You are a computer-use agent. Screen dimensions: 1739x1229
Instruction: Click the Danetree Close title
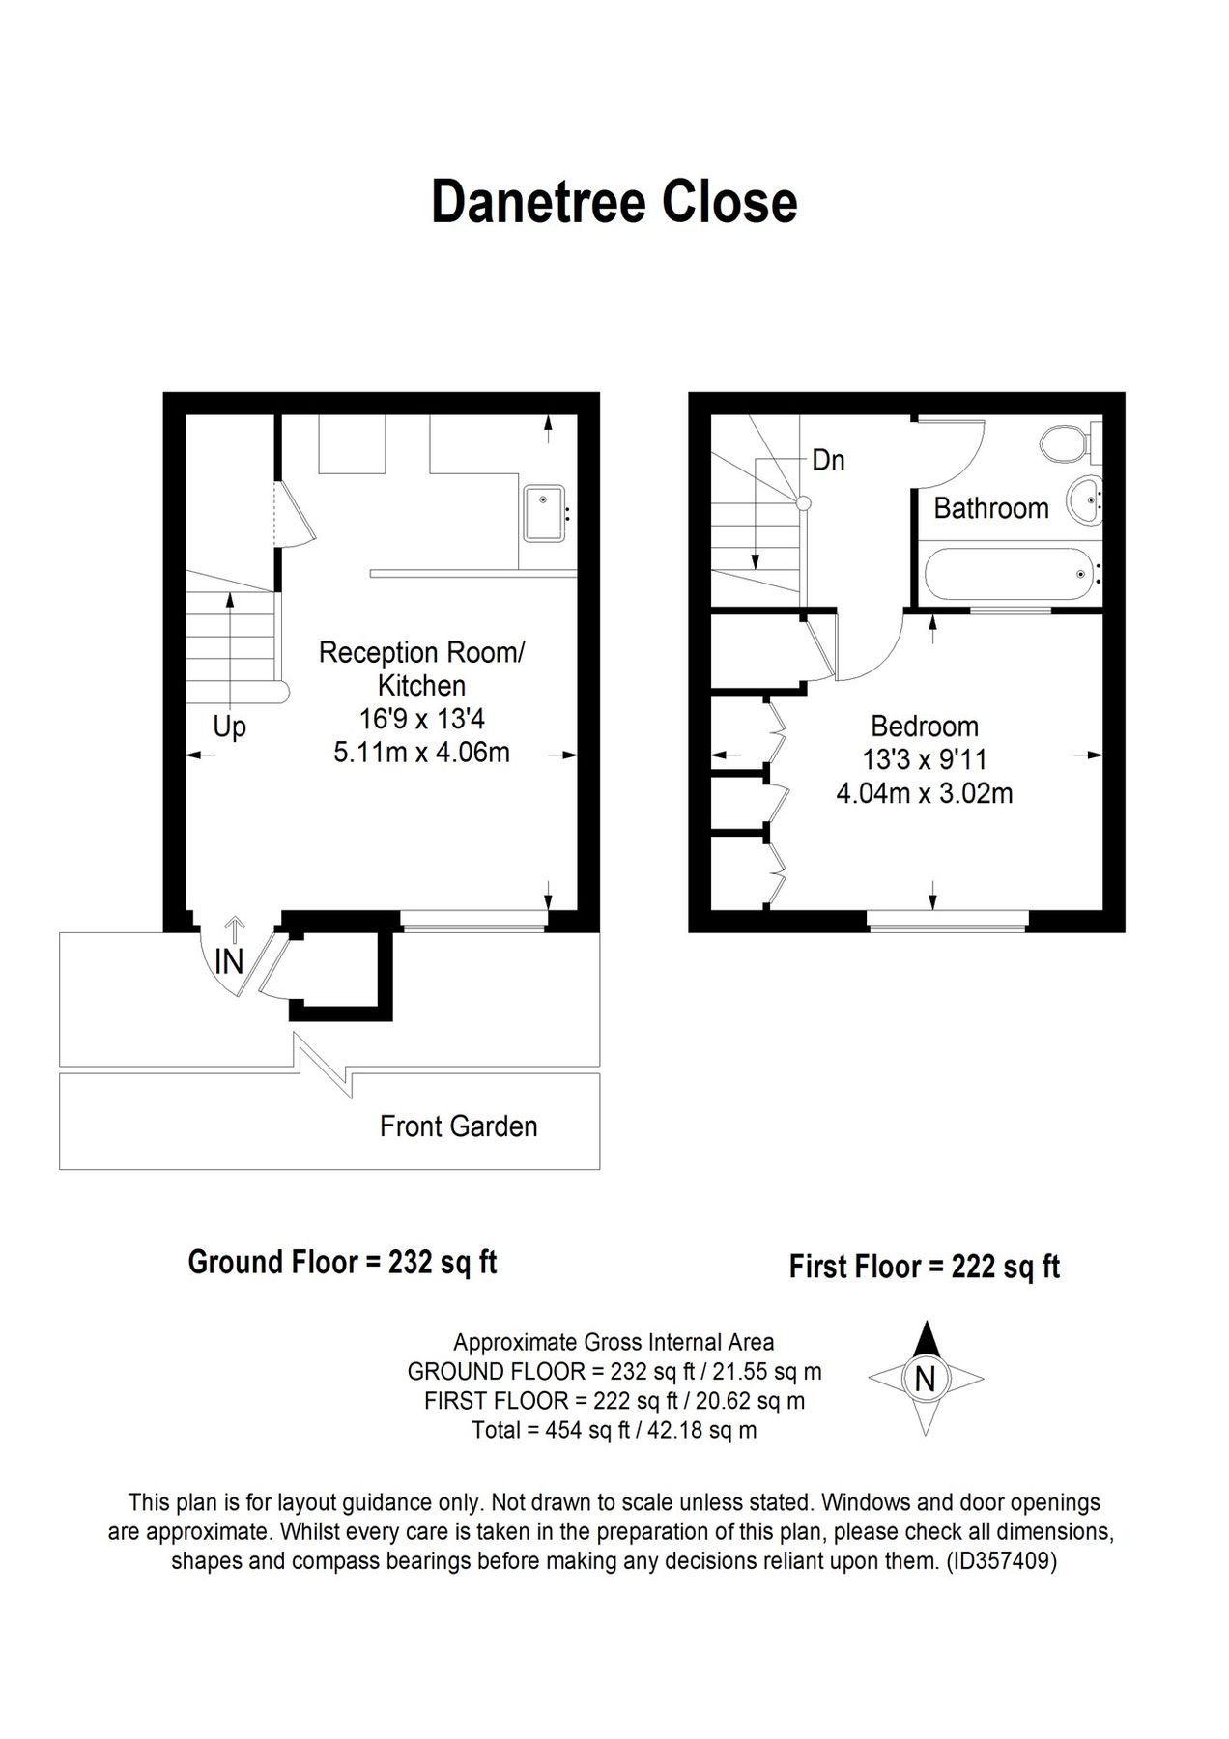(614, 203)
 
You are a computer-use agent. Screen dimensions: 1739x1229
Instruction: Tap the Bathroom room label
(990, 508)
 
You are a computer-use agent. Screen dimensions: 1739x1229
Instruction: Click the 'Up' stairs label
(229, 727)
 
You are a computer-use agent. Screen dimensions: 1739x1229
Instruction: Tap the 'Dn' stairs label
(828, 460)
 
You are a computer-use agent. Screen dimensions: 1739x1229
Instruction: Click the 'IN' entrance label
(229, 961)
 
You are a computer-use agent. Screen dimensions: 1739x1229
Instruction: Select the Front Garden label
(458, 1126)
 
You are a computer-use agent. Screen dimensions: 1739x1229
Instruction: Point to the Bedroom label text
(924, 726)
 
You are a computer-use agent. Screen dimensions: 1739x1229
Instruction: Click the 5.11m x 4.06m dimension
(421, 753)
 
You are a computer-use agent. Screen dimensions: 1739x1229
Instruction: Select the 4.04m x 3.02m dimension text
(924, 794)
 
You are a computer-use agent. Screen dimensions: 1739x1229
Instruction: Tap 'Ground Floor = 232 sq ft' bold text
(342, 1262)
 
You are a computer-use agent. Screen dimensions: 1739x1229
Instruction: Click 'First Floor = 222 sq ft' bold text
(924, 1266)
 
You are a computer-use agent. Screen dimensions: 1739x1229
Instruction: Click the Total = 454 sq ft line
(614, 1430)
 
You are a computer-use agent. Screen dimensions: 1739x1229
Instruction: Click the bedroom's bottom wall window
(947, 927)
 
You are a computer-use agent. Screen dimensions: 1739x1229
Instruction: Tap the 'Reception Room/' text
(421, 652)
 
